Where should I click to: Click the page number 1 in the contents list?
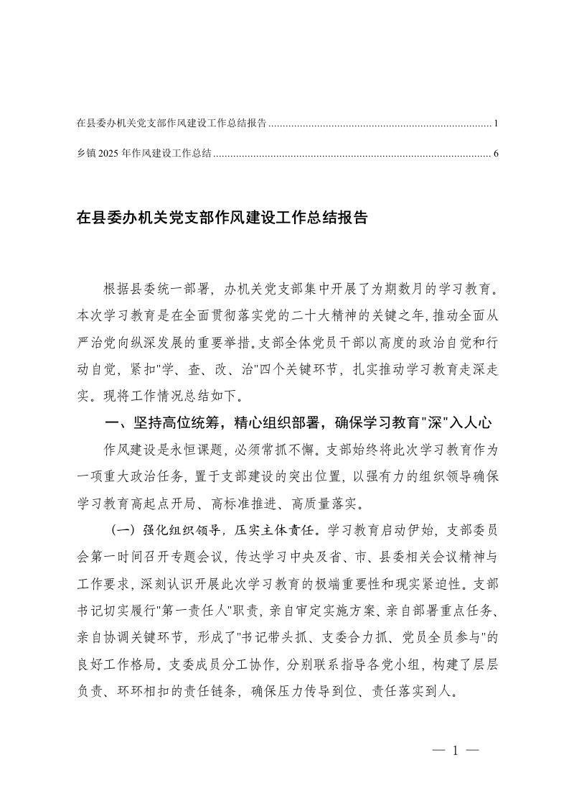(x=496, y=124)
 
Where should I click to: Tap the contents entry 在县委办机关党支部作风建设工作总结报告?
(x=171, y=124)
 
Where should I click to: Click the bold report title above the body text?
(x=222, y=218)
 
